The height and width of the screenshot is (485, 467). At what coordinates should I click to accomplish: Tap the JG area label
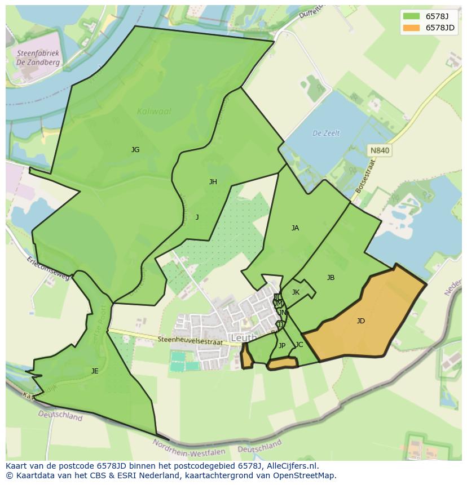[x=135, y=150]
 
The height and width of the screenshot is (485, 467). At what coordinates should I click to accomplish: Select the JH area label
[x=213, y=181]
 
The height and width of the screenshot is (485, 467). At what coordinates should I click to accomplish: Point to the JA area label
[x=295, y=228]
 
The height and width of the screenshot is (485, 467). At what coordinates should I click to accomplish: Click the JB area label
[x=331, y=278]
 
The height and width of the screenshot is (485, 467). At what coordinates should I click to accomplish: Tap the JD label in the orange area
[x=360, y=321]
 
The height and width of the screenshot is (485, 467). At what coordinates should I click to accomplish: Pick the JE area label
[x=95, y=371]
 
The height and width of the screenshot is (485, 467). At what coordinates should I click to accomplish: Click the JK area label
[x=296, y=292]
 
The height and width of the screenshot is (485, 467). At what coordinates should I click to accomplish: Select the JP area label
[x=282, y=346]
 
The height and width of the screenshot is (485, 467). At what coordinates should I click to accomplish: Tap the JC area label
[x=299, y=345]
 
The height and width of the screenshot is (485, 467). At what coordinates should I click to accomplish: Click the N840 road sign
[x=380, y=150]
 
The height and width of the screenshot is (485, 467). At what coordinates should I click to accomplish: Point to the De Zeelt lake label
[x=326, y=134]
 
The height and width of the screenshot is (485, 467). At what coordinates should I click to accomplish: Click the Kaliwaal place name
[x=154, y=112]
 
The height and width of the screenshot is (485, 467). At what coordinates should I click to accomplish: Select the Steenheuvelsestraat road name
[x=192, y=340]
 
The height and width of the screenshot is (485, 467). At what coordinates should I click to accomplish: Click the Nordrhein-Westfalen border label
[x=189, y=448]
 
